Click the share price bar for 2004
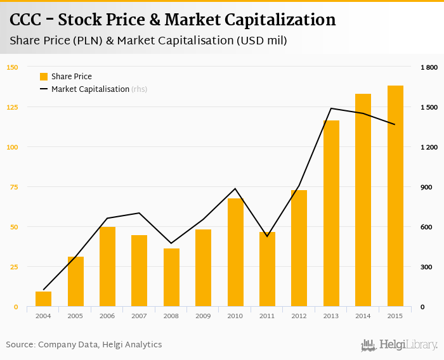(x=43, y=299)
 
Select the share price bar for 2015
(x=395, y=196)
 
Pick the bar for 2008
(x=171, y=278)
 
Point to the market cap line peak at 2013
(x=331, y=108)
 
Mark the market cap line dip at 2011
(x=267, y=236)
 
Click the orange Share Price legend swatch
(x=44, y=77)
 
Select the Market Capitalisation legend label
(x=90, y=89)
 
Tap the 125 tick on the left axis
(x=12, y=107)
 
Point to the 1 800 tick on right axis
(x=429, y=67)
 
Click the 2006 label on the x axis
(x=107, y=316)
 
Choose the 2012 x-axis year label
(x=299, y=316)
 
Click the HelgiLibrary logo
(x=399, y=345)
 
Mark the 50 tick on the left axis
(x=13, y=227)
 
